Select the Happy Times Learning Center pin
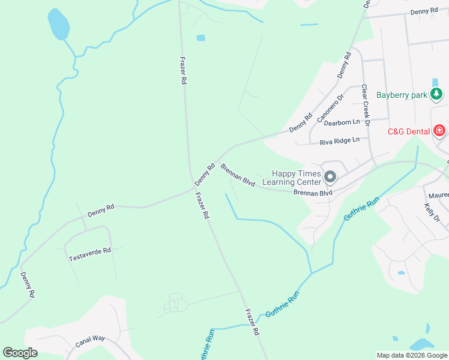[330, 177]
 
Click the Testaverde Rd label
[90, 254]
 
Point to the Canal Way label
[90, 342]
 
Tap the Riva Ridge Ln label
[339, 140]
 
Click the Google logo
[20, 353]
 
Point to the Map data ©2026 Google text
[411, 355]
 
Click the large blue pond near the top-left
[58, 24]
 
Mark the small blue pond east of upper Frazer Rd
[200, 38]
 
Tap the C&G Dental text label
[408, 131]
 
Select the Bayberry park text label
[401, 95]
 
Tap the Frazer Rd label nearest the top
[183, 71]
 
